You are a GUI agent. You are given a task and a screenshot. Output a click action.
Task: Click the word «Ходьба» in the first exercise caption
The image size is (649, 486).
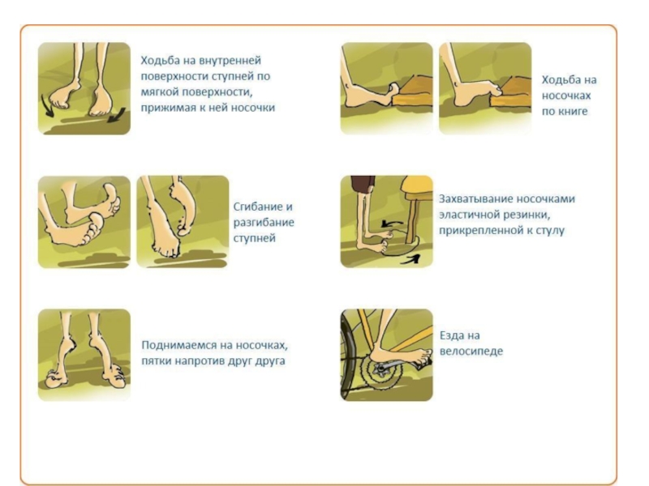[x=160, y=60]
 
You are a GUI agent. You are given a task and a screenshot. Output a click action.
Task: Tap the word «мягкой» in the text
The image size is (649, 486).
[x=160, y=92]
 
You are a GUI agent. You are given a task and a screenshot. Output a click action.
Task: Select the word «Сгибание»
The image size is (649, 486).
[x=258, y=207]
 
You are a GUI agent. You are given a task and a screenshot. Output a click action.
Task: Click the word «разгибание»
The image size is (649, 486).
[x=264, y=222]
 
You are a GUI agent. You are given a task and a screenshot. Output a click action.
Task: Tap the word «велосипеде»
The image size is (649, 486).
[x=471, y=352]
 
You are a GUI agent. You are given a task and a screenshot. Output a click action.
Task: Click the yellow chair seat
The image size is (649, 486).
[x=416, y=185]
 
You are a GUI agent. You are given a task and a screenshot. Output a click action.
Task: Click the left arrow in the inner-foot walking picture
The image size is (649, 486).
[x=46, y=106]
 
